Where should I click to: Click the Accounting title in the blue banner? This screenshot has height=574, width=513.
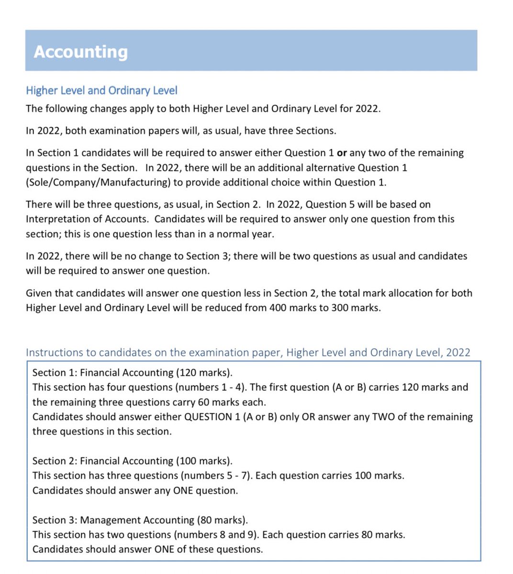(80, 52)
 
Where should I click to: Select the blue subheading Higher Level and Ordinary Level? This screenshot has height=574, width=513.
(101, 90)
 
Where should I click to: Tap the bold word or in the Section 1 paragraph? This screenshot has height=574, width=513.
(342, 153)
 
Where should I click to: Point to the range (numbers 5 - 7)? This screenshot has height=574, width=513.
(218, 476)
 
